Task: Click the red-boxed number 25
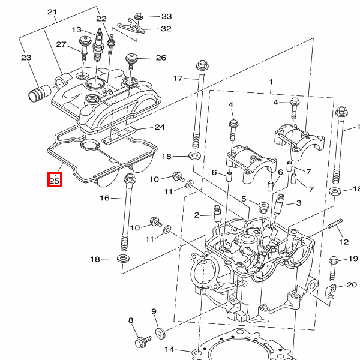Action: point(55,181)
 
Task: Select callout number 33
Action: point(167,16)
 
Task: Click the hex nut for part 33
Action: point(138,17)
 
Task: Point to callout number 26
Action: point(161,58)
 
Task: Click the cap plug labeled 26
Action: point(131,61)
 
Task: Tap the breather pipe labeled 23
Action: point(39,93)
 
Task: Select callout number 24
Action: point(160,127)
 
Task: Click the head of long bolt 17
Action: point(202,65)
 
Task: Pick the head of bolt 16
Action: point(130,178)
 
